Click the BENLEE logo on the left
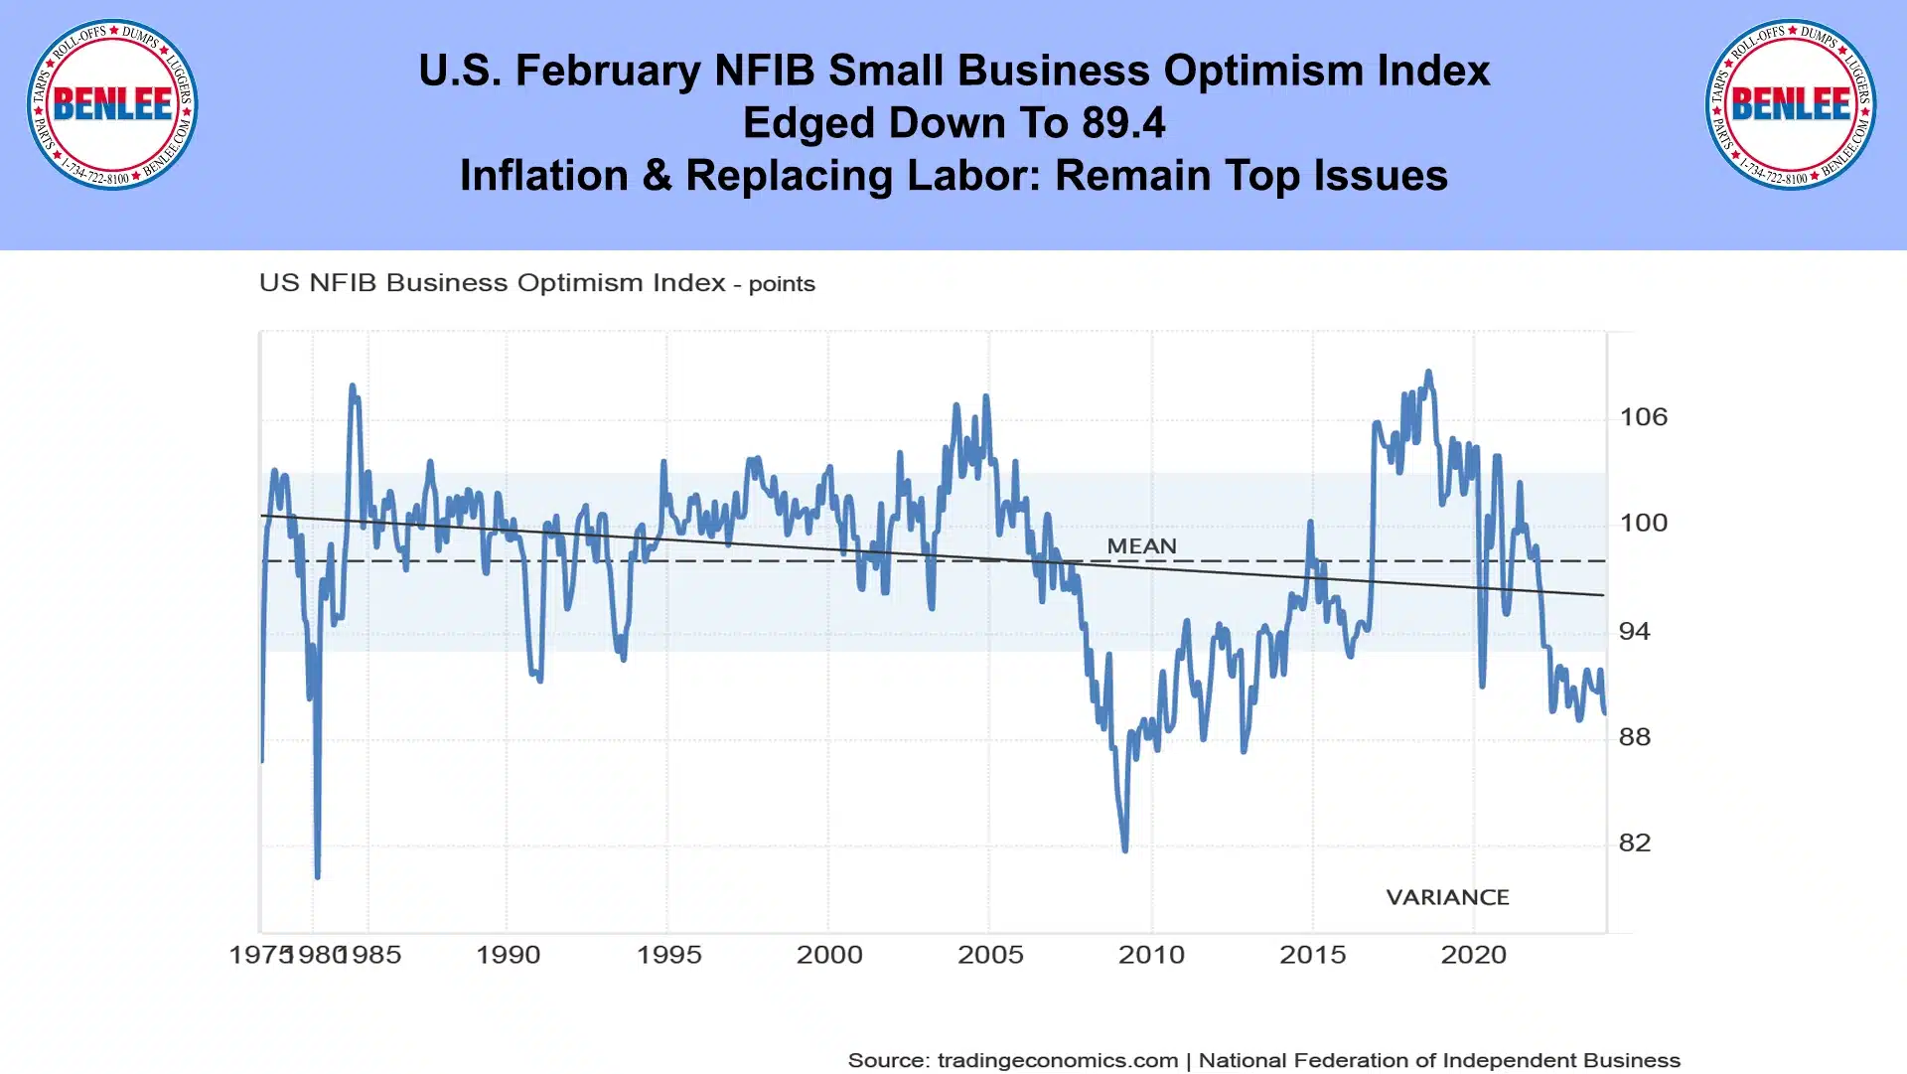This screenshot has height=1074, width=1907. pos(112,104)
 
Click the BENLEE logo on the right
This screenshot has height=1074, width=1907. pos(1791,104)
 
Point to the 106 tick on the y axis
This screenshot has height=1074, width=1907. pos(1643,417)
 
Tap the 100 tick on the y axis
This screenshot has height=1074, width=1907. pos(1643,523)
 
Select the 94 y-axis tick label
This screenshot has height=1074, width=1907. pos(1635,631)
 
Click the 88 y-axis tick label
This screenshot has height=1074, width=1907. pos(1635,737)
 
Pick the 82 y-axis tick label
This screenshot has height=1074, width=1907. pos(1635,844)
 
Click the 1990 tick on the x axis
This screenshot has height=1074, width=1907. pos(508,955)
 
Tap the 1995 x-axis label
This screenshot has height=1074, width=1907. pos(668,955)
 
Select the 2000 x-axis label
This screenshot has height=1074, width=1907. pos(829,955)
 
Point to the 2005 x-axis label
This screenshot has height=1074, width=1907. pos(990,955)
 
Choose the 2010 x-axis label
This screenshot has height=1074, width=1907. pos(1151,955)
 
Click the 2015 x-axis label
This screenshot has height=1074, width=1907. pos(1312,955)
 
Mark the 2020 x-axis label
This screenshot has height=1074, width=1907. pos(1473,955)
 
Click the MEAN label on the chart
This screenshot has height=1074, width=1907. pos(1141,546)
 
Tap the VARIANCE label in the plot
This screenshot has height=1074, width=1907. pos(1447,898)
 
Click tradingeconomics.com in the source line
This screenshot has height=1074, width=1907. pos(1058,1061)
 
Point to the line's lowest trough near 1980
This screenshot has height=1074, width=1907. pos(318,876)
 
